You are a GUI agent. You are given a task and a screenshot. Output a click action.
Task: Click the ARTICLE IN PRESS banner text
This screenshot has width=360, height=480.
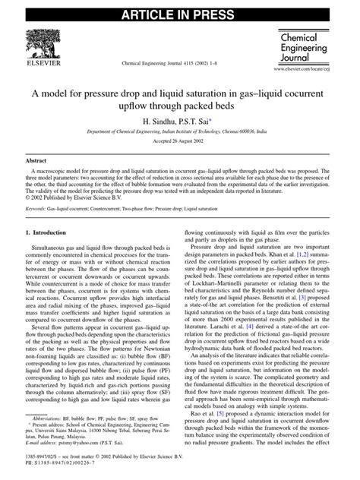179,11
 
